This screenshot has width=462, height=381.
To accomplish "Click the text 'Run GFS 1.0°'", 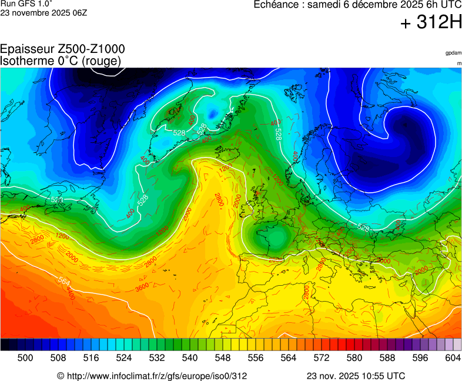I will click(x=26, y=4).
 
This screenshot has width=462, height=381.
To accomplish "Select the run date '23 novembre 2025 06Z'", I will click(x=43, y=12).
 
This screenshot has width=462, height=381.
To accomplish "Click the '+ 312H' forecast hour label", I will click(x=431, y=23).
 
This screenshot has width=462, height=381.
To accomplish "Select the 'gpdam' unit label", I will click(x=453, y=53).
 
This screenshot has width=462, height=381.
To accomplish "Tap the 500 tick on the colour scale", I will click(x=25, y=357).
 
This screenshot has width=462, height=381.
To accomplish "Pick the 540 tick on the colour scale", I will click(x=190, y=357).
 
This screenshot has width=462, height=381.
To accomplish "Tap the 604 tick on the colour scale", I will click(x=453, y=357).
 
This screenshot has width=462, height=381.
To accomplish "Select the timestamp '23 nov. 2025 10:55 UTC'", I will click(x=356, y=376).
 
